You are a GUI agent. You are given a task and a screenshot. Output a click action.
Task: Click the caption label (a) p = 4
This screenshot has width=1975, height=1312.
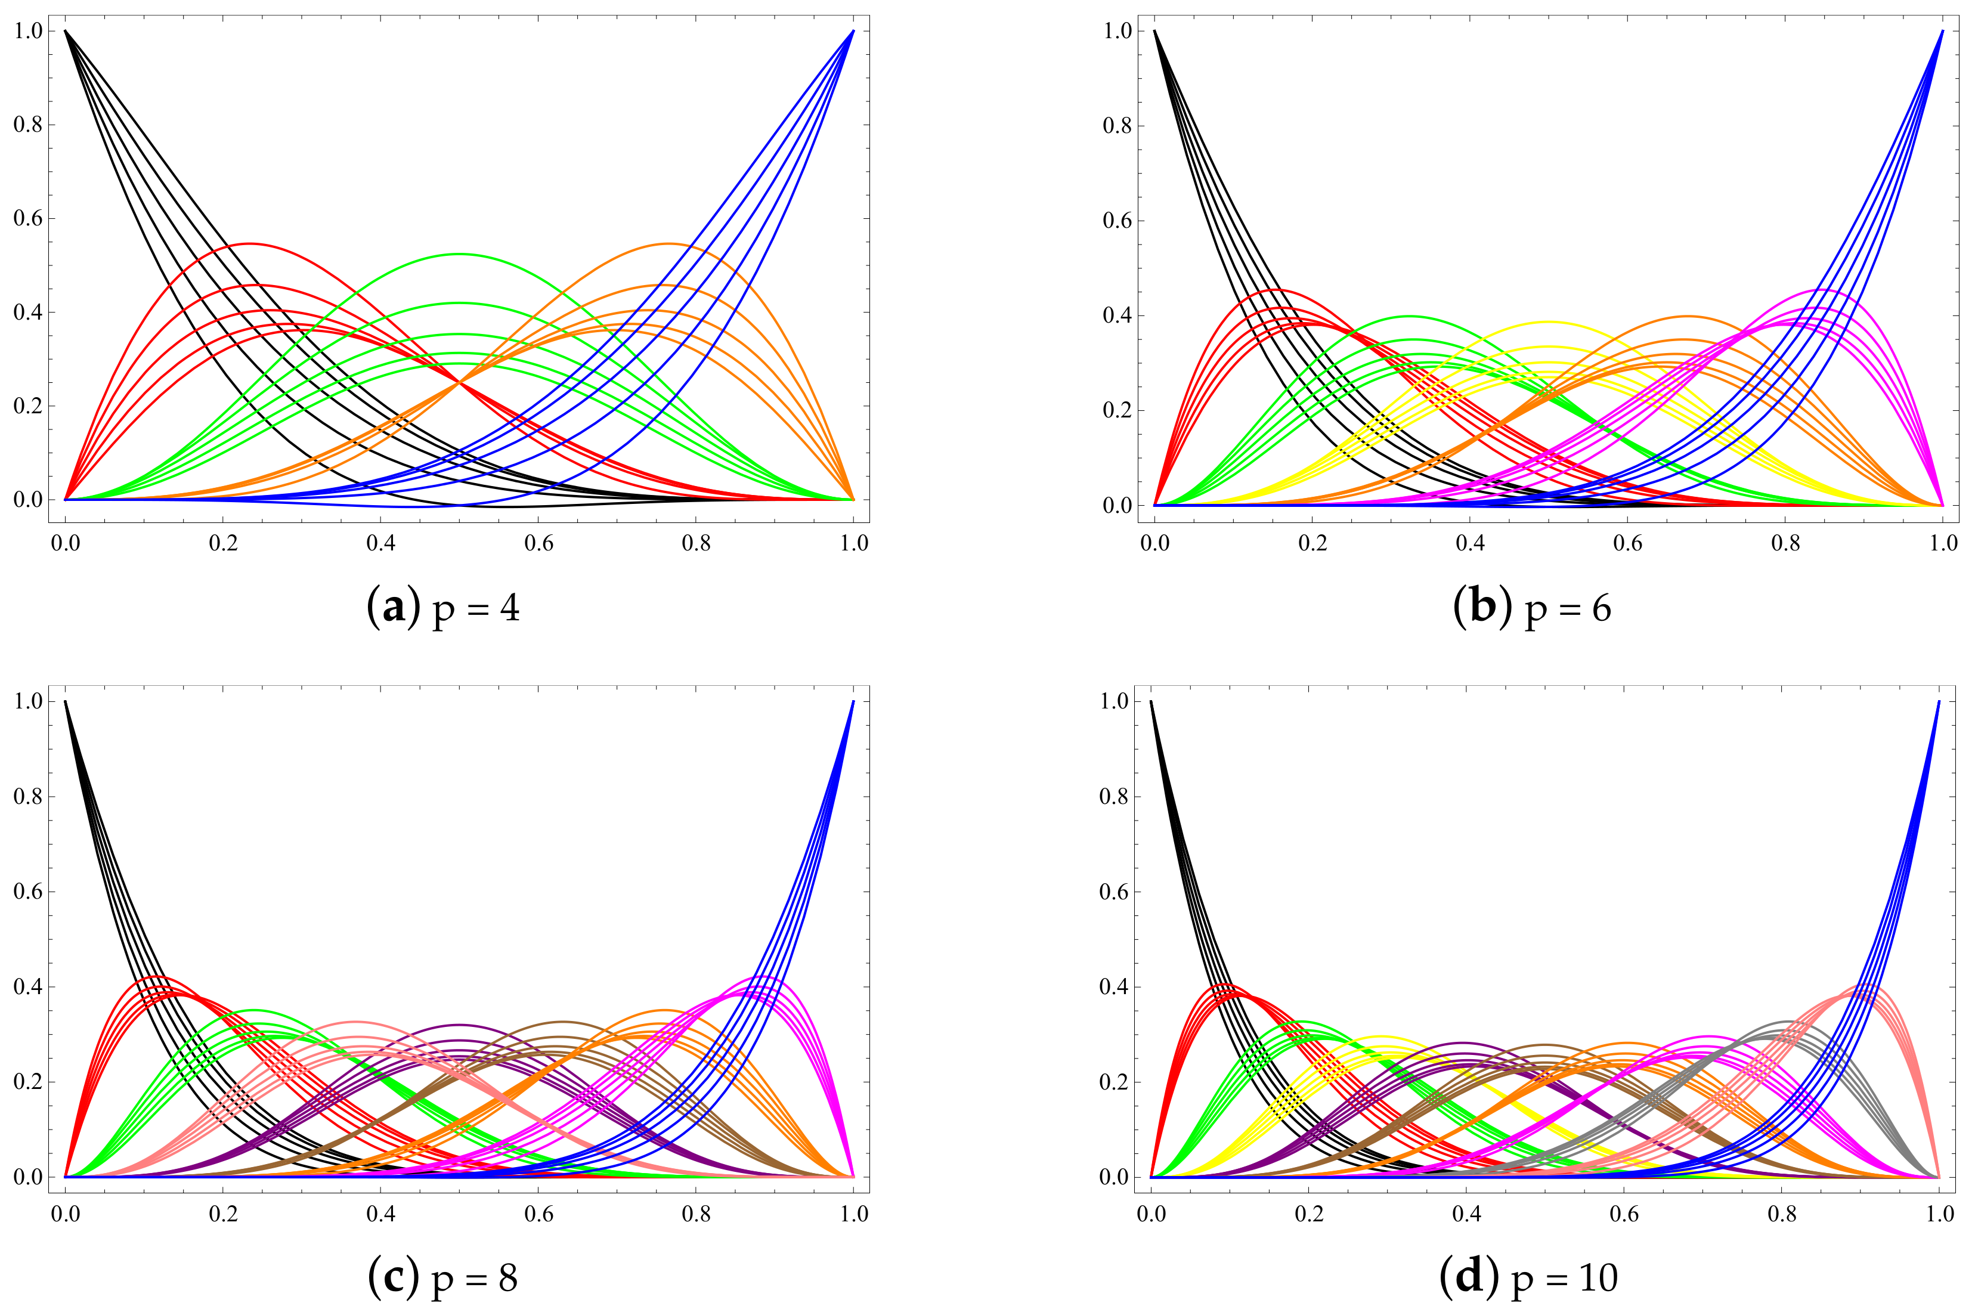[x=443, y=608]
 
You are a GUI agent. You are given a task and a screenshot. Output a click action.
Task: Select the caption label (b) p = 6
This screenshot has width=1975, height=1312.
[x=1533, y=608]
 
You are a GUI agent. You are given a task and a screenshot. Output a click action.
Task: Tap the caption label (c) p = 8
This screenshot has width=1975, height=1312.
[x=443, y=1277]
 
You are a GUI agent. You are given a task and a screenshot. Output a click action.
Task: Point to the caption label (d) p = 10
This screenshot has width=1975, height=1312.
[x=1529, y=1277]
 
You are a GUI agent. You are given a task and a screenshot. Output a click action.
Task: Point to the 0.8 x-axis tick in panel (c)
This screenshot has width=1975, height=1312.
[x=696, y=1214]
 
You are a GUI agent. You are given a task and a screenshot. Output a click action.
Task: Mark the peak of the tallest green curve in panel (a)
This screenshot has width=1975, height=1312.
[x=459, y=253]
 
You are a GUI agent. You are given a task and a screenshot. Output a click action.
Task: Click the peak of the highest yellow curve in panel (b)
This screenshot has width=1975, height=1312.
[x=1549, y=321]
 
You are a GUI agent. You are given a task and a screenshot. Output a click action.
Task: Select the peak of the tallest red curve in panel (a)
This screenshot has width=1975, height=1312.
[x=249, y=243]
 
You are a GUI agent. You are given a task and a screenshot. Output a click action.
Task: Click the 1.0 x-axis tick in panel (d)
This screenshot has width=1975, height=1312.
[x=1940, y=1214]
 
